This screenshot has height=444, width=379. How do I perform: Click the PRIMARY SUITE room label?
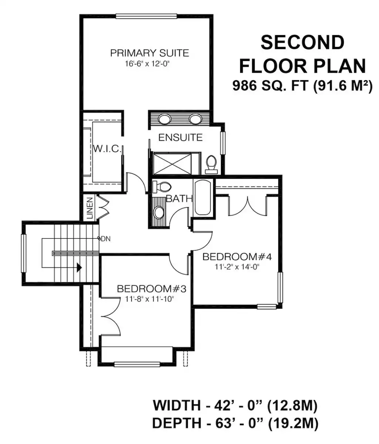coord(150,53)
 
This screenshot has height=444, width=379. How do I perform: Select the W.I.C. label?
coord(107,149)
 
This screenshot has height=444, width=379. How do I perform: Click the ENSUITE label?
coord(181,138)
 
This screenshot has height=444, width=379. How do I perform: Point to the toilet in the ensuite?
coord(211,165)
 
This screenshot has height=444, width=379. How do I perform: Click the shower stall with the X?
coord(172,163)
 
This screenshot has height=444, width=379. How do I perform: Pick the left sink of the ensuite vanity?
coord(164,119)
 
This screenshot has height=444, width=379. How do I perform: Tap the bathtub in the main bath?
coord(202,198)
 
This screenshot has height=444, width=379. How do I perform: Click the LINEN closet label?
coord(90,208)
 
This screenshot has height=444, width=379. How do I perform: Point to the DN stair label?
coord(105,239)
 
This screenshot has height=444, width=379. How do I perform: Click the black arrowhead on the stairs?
coord(79,268)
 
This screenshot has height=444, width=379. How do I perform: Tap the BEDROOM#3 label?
coord(151,289)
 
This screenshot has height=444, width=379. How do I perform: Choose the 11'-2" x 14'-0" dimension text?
coord(237,267)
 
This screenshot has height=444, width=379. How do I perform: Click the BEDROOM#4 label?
coord(237,257)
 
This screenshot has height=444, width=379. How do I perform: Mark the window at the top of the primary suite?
coord(146,16)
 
